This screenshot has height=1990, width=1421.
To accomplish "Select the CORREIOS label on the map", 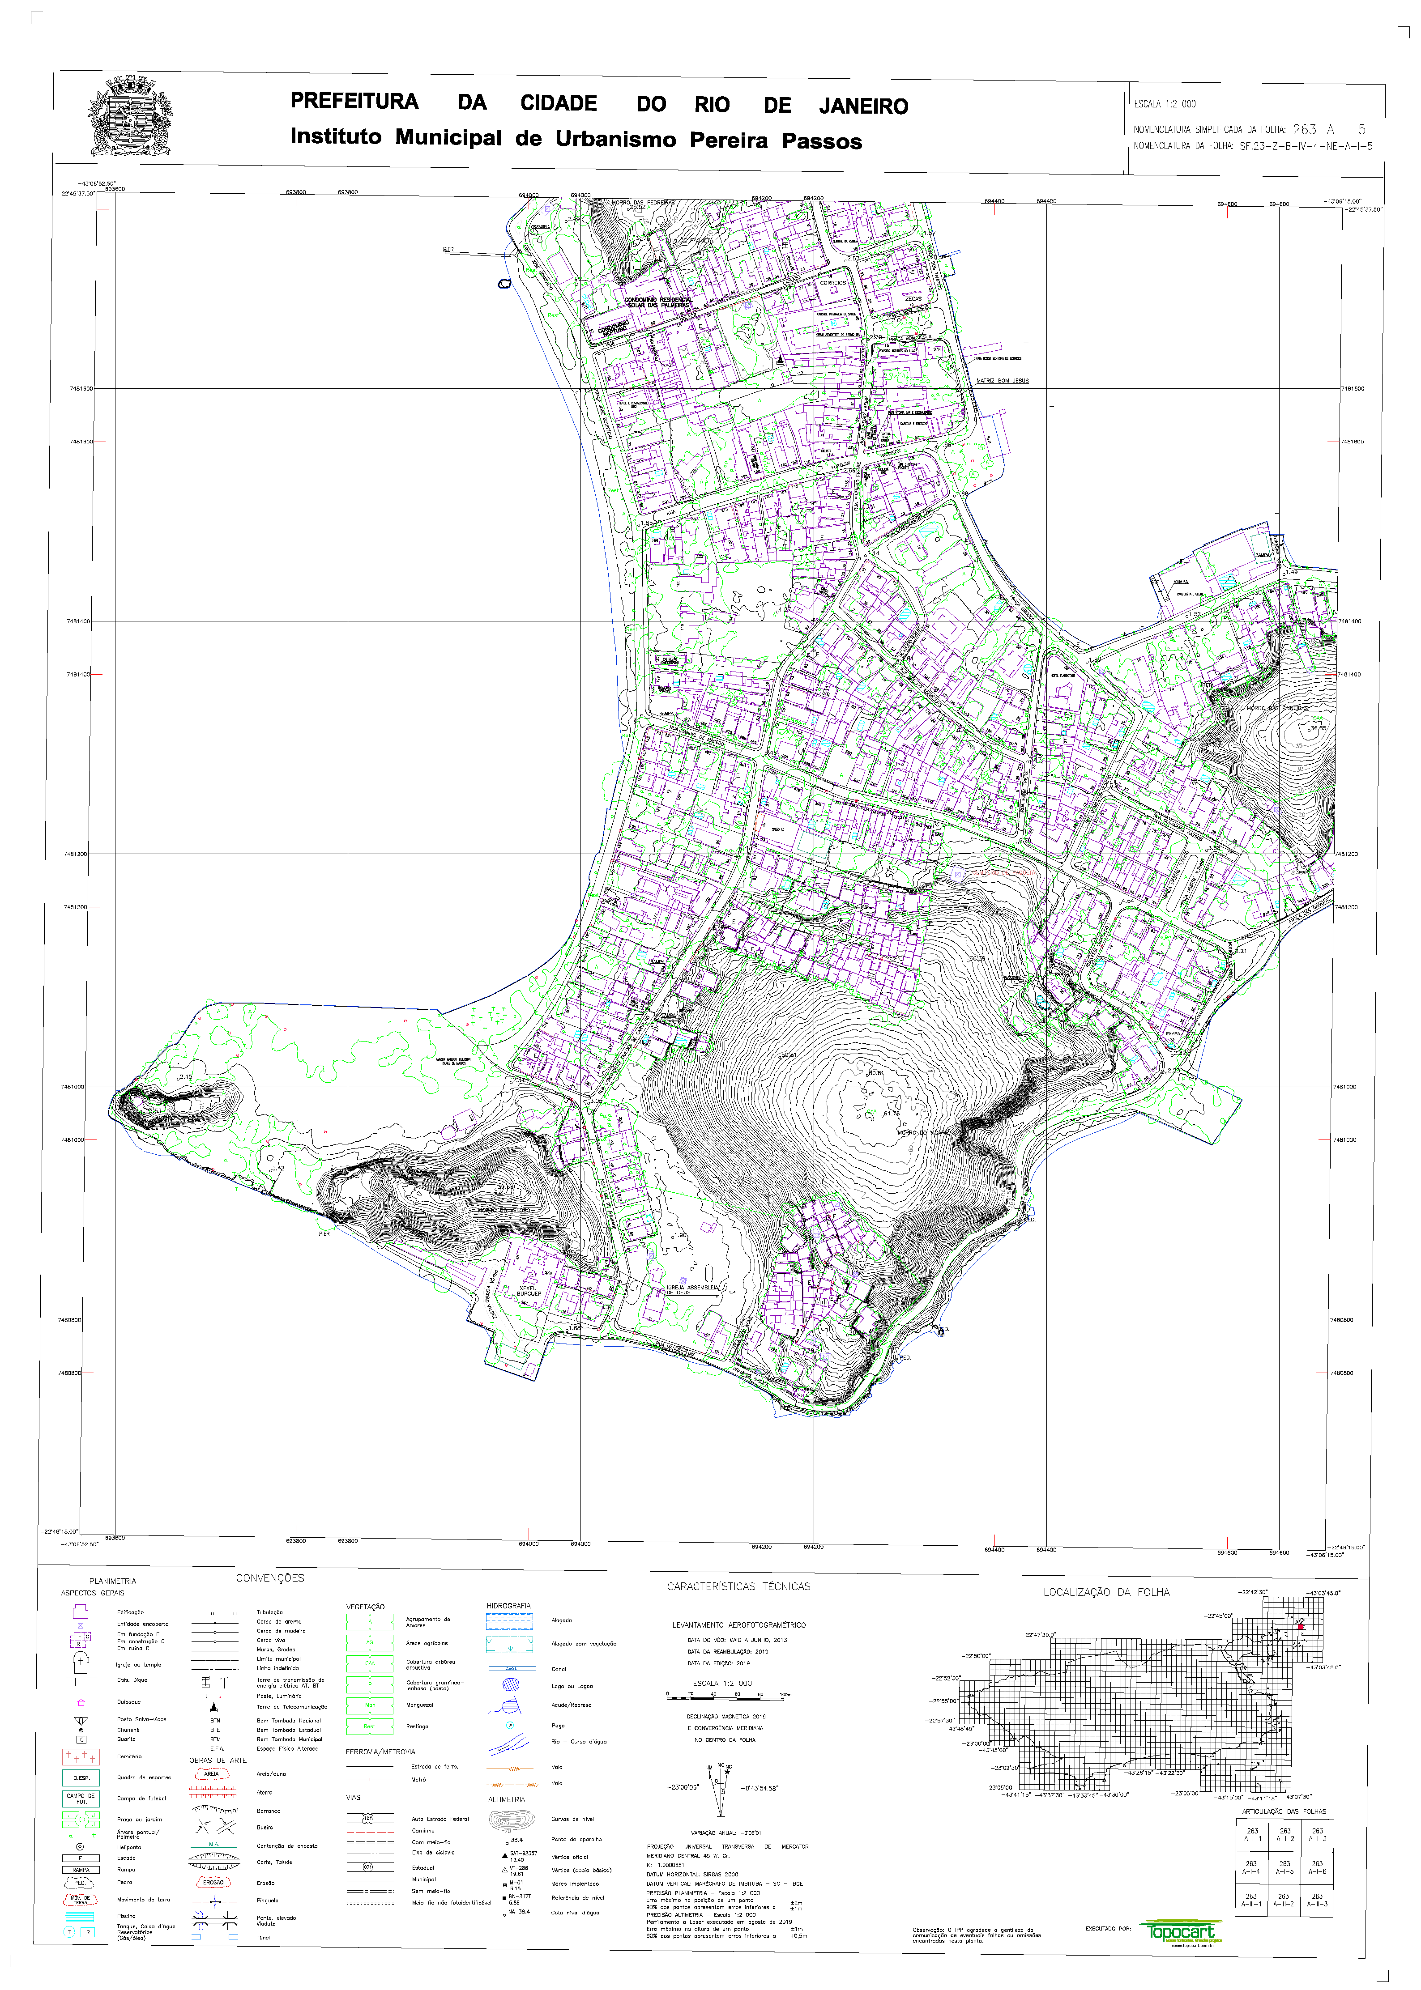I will click(832, 283).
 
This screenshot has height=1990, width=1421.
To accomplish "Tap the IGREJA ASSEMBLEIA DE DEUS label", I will click(692, 1289).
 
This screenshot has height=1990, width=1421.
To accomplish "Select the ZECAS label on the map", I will click(913, 299).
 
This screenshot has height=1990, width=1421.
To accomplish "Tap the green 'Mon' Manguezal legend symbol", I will click(369, 1705).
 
